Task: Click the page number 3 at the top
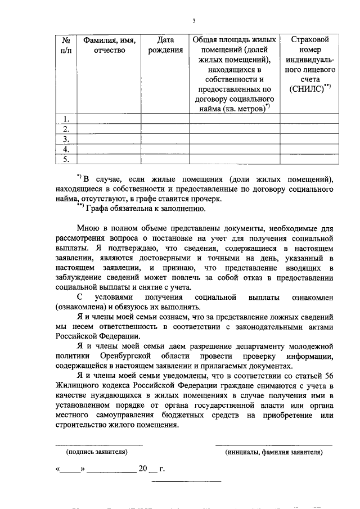193,21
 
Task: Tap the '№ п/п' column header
66,45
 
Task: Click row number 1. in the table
66,119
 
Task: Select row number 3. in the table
66,139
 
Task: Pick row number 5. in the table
66,159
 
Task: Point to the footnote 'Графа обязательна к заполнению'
159,209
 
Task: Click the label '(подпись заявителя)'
96,452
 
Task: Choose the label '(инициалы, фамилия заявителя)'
273,452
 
